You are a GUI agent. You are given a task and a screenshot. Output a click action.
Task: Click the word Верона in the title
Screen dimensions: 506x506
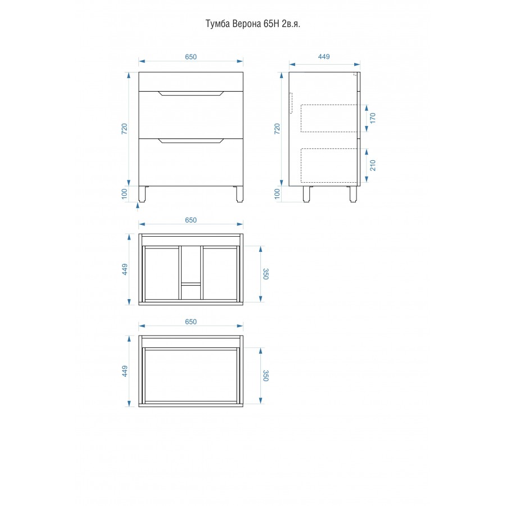(x=247, y=24)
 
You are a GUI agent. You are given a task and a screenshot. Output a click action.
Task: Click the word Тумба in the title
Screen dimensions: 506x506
(x=218, y=24)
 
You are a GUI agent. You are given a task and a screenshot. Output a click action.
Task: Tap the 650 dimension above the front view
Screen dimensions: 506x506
(x=191, y=57)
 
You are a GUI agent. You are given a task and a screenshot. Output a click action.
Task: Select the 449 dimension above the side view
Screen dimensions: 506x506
(x=324, y=56)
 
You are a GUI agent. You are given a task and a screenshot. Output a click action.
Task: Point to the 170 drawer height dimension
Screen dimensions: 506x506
(x=373, y=118)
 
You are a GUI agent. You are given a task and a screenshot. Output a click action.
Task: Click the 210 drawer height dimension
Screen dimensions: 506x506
(x=373, y=165)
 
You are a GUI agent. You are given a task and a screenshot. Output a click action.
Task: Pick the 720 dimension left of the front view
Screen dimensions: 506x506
(x=124, y=129)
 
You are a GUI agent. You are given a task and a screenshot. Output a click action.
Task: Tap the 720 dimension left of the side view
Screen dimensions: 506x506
(x=277, y=129)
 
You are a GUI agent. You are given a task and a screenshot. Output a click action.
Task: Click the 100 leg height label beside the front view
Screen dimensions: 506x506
(x=124, y=193)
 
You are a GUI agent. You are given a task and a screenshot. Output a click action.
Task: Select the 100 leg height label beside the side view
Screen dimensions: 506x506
(x=277, y=193)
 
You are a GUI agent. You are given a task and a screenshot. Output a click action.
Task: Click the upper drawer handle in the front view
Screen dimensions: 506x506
(x=191, y=93)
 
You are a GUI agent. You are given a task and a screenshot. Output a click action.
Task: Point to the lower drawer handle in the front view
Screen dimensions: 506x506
(x=191, y=141)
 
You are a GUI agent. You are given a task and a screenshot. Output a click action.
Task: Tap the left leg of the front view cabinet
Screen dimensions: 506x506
(x=142, y=194)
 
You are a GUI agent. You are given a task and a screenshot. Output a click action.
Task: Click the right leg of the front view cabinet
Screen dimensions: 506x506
(x=240, y=194)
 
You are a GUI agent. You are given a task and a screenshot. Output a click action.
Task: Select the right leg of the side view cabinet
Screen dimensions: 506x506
(x=354, y=194)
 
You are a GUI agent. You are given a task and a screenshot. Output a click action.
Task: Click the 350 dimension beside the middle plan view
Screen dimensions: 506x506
(x=265, y=274)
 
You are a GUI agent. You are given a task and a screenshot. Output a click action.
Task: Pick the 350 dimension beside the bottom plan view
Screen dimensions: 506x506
(x=265, y=376)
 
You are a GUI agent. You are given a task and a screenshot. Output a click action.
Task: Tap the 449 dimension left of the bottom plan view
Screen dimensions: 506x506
(x=125, y=371)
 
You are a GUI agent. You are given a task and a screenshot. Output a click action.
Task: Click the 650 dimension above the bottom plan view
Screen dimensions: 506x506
(x=191, y=322)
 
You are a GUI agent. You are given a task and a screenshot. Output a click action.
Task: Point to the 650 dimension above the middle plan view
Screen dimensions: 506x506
(x=191, y=220)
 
